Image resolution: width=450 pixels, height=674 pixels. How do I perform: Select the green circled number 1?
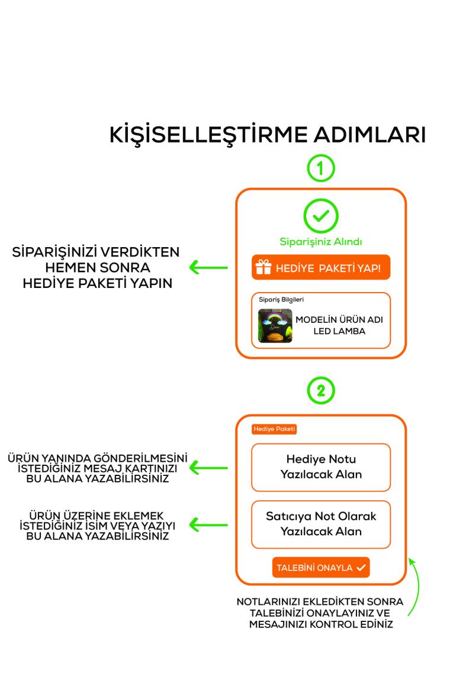[321, 167]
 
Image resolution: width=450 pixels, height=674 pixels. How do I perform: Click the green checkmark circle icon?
[321, 216]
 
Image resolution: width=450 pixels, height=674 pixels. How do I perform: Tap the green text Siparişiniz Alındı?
[321, 241]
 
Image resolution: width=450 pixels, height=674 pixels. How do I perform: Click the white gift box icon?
[263, 268]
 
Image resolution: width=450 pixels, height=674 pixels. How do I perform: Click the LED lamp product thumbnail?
[275, 326]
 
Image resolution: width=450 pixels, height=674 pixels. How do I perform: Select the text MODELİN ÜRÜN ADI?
[339, 319]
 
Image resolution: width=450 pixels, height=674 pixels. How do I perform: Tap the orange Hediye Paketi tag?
[274, 429]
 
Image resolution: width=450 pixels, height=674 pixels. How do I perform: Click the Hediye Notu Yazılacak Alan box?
[321, 467]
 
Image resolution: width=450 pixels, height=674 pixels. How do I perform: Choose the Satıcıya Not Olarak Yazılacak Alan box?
[321, 524]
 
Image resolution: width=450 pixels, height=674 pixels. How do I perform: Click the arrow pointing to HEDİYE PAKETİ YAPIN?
[208, 268]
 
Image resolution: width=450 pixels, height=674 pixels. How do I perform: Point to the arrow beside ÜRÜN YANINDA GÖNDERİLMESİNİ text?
[208, 469]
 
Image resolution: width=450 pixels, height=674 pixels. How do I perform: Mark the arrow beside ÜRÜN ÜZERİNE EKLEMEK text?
[208, 524]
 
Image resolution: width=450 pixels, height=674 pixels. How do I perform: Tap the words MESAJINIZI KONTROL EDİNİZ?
[320, 624]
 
